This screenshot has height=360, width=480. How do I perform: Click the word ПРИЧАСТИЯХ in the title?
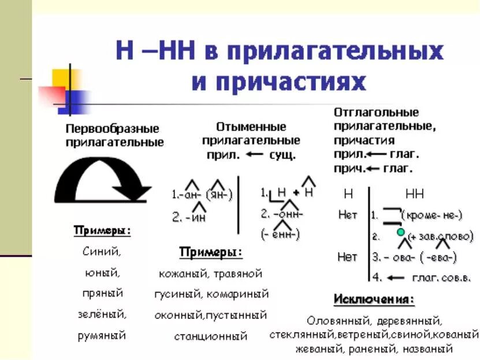[278, 81]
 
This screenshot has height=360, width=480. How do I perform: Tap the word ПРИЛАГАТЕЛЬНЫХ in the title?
[334, 51]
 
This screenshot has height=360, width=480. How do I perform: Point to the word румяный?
[102, 335]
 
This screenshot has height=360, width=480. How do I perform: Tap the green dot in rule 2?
[400, 232]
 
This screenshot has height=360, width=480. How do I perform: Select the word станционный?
[210, 335]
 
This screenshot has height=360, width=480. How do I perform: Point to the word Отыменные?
[251, 127]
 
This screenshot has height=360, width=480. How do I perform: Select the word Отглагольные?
[376, 112]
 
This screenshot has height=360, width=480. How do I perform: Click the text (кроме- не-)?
[435, 215]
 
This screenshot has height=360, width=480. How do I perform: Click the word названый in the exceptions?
[428, 348]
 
